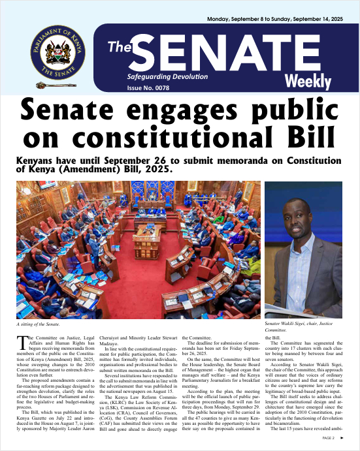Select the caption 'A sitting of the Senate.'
tap(42, 324)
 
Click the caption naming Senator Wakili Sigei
tap(306, 327)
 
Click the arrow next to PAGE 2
tap(343, 438)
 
